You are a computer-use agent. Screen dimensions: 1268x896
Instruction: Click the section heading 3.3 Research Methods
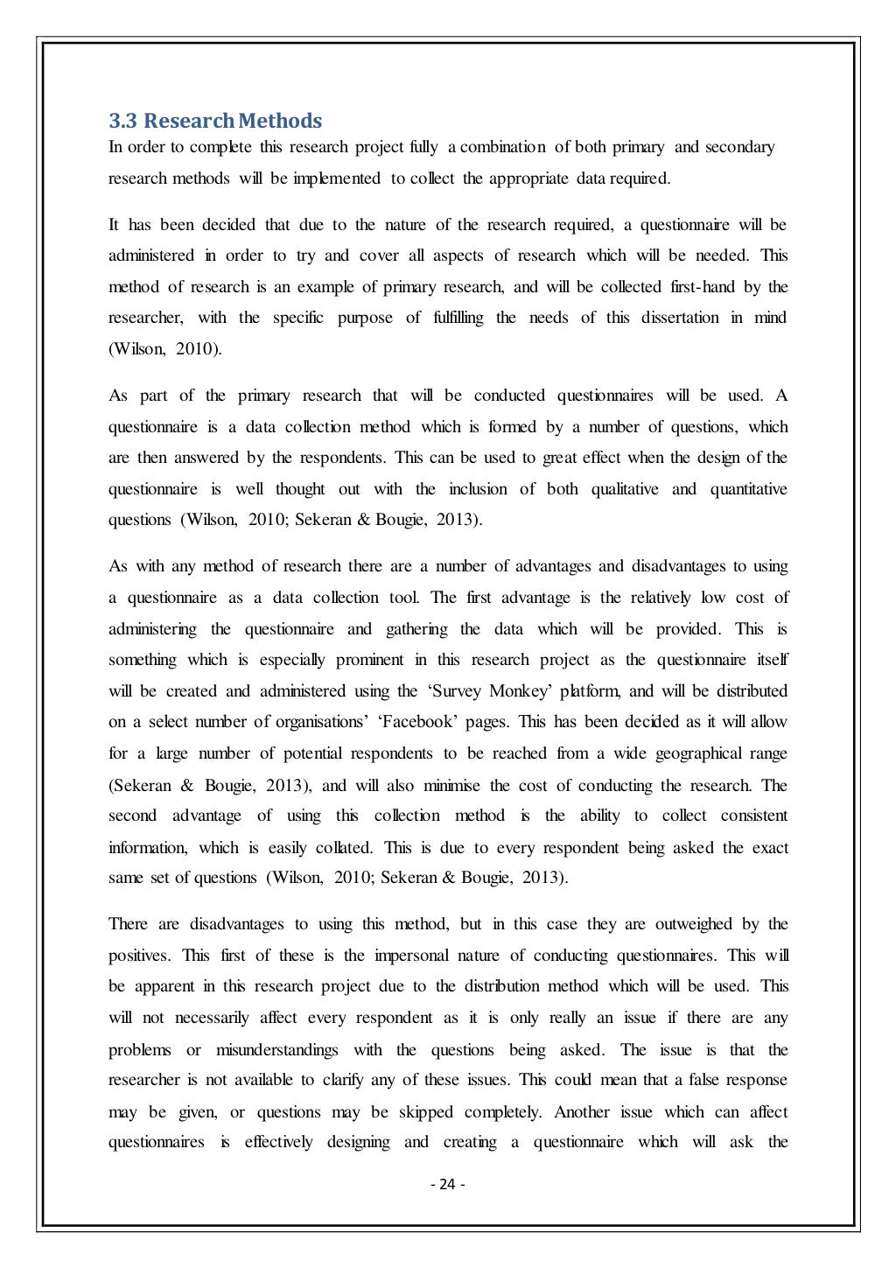tap(214, 120)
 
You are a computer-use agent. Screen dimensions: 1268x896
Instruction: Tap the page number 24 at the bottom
tap(447, 1185)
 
